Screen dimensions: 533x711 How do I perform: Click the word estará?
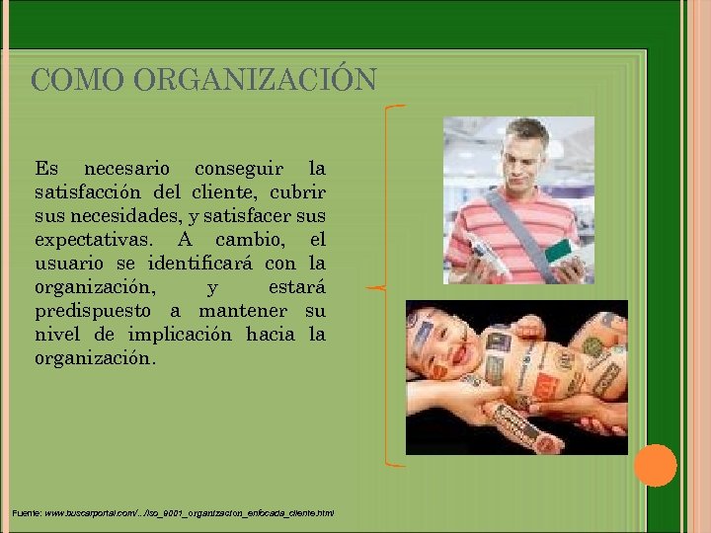pos(296,287)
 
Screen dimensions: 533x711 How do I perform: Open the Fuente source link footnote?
pos(174,513)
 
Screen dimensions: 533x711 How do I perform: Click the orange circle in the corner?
pos(655,465)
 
